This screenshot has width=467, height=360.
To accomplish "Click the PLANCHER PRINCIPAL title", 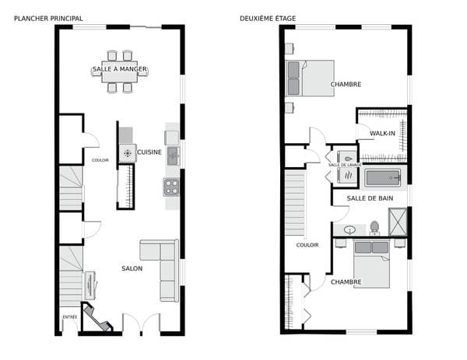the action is pyautogui.click(x=48, y=19).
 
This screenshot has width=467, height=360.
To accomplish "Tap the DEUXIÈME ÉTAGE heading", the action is pyautogui.click(x=268, y=19).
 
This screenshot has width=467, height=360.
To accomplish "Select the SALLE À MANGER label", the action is pyautogui.click(x=120, y=69).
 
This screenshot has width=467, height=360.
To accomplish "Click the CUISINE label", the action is pyautogui.click(x=149, y=152).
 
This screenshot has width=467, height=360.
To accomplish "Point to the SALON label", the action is pyautogui.click(x=132, y=268).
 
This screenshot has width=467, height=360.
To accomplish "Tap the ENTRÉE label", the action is pyautogui.click(x=70, y=317).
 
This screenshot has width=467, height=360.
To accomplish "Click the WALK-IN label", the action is pyautogui.click(x=382, y=133).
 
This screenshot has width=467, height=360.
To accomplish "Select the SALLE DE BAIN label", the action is pyautogui.click(x=370, y=198).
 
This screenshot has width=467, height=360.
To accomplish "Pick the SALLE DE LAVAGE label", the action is pyautogui.click(x=345, y=165).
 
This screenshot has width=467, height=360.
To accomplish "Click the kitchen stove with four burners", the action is pyautogui.click(x=171, y=187).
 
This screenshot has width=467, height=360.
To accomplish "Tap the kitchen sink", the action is pyautogui.click(x=174, y=156).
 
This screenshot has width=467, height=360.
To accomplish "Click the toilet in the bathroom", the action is pyautogui.click(x=374, y=228).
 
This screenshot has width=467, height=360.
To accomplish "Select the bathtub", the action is pyautogui.click(x=382, y=178).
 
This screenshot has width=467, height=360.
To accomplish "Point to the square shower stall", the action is pyautogui.click(x=398, y=222).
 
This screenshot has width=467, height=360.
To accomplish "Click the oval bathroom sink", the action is pyautogui.click(x=349, y=229).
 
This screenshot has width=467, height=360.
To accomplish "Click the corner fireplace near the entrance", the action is pyautogui.click(x=96, y=317).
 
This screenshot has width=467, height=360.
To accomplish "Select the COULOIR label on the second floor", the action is pyautogui.click(x=307, y=245).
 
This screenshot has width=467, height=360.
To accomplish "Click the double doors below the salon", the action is pyautogui.click(x=141, y=323).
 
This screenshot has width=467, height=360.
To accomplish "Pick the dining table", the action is pyautogui.click(x=120, y=72).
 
